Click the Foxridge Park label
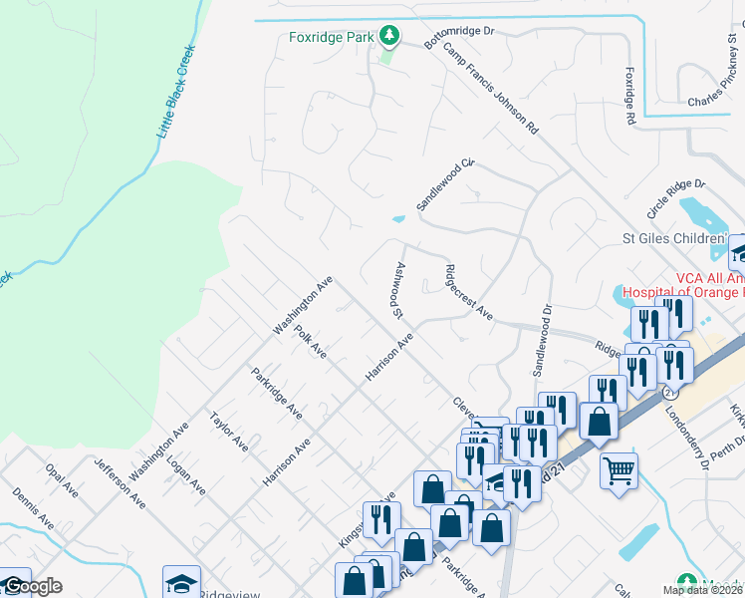pyautogui.click(x=331, y=38)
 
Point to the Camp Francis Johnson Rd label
pyautogui.click(x=490, y=89)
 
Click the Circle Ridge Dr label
pyautogui.click(x=675, y=199)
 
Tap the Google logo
pyautogui.click(x=32, y=587)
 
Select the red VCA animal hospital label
pyautogui.click(x=683, y=285)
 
